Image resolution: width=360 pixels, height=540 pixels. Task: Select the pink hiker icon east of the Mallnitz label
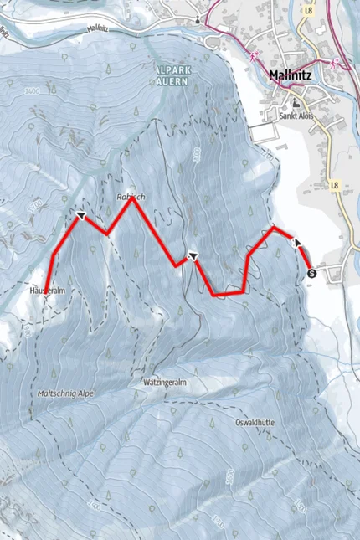pyautogui.click(x=333, y=64)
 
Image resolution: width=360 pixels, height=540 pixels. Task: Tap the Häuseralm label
pyautogui.click(x=48, y=290)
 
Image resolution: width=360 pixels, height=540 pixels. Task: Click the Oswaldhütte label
pyautogui.click(x=256, y=421)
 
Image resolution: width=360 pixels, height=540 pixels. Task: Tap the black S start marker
pyautogui.click(x=312, y=272)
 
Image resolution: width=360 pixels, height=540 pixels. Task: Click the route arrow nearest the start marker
pyautogui.click(x=296, y=242)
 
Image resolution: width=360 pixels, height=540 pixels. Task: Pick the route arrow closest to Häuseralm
pyautogui.click(x=81, y=216)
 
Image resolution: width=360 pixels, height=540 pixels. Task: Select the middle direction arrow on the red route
pyautogui.click(x=193, y=256)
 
